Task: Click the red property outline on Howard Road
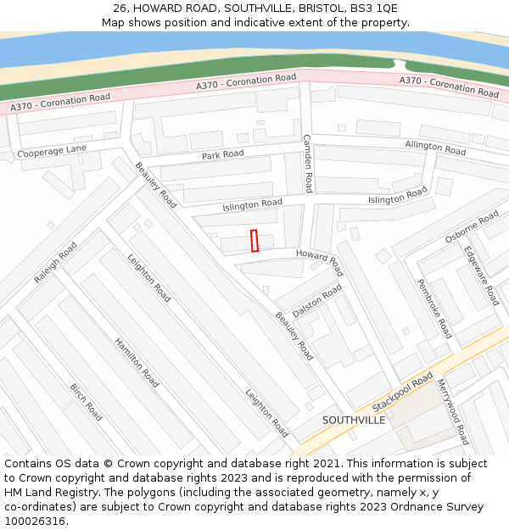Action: click(255, 241)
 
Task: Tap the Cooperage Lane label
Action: click(53, 151)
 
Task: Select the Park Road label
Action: click(222, 154)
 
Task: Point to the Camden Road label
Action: click(308, 163)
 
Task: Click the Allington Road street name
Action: click(435, 148)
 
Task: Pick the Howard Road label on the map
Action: click(320, 261)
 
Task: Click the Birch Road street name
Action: click(87, 402)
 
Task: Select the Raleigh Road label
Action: click(56, 262)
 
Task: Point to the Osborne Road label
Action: click(472, 227)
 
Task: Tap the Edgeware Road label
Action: click(481, 276)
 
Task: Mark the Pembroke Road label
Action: click(433, 309)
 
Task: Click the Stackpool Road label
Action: click(402, 391)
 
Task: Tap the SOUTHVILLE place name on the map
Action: click(353, 420)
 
